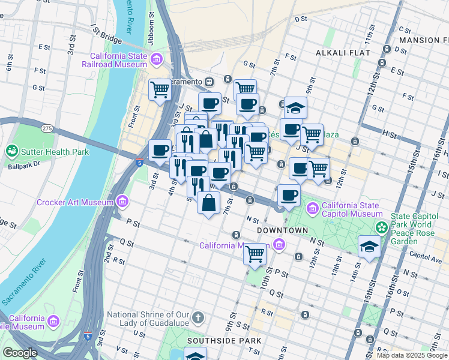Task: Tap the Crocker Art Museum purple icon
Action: click(x=123, y=200)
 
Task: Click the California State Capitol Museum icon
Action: click(x=312, y=209)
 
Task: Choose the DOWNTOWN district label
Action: click(x=282, y=230)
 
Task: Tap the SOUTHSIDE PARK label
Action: click(x=224, y=340)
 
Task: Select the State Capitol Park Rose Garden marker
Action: click(x=381, y=227)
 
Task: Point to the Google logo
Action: click(x=20, y=353)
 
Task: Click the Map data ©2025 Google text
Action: click(x=411, y=355)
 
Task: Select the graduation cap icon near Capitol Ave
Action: click(x=369, y=246)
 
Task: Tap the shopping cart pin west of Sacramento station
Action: click(x=160, y=91)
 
